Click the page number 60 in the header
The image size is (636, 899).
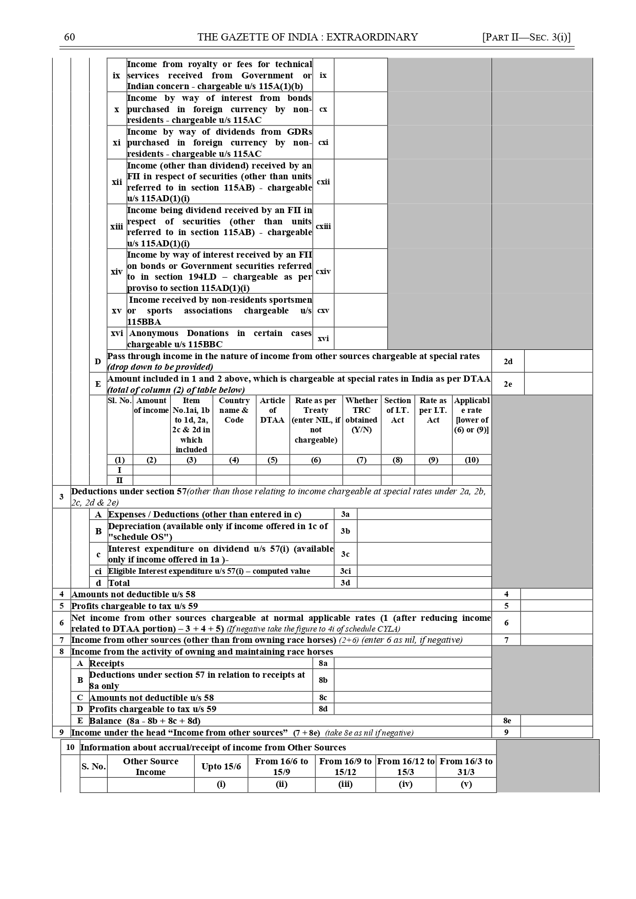click(70, 37)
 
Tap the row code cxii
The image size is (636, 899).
click(323, 182)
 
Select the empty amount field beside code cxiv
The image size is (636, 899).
click(360, 271)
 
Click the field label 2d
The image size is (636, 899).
click(507, 361)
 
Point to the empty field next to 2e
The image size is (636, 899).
click(558, 384)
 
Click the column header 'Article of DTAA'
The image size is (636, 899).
click(273, 410)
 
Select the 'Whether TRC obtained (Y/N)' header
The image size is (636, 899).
click(361, 415)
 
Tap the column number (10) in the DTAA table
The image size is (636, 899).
click(471, 460)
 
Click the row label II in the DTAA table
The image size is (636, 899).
click(119, 480)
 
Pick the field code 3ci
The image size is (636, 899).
click(345, 571)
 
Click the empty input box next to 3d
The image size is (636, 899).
click(424, 583)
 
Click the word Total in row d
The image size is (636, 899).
click(119, 583)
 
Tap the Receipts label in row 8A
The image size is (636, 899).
click(107, 663)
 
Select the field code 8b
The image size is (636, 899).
click(323, 680)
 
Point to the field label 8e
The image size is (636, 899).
click(506, 721)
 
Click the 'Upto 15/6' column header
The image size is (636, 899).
click(221, 766)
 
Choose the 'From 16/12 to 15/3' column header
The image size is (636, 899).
click(405, 766)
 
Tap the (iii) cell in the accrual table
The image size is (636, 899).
click(345, 785)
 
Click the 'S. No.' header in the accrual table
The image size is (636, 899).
click(93, 766)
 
